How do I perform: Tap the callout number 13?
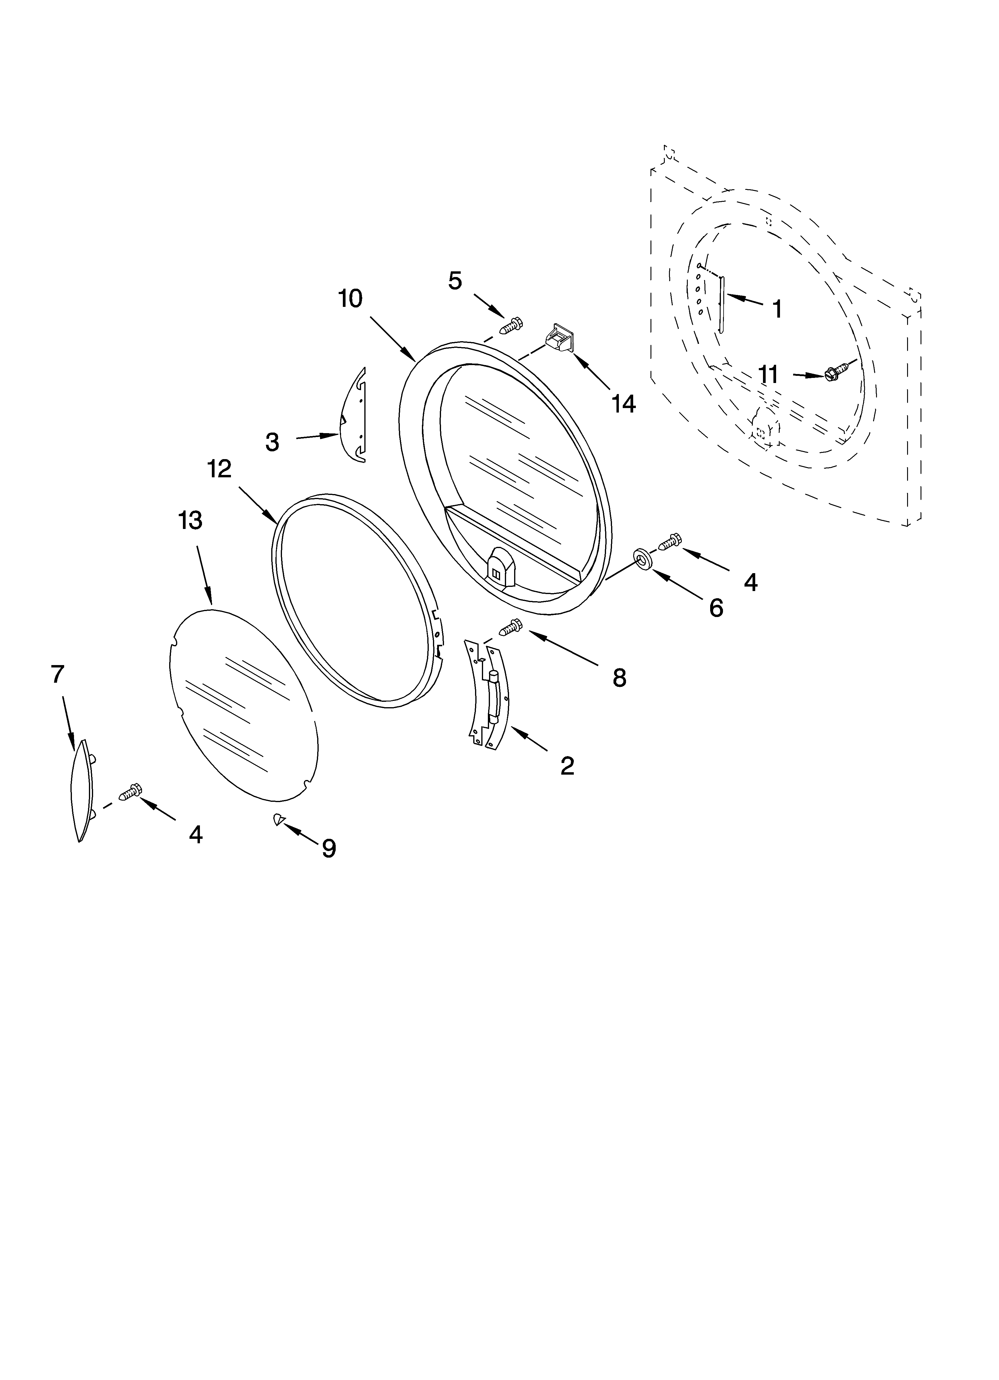(x=190, y=521)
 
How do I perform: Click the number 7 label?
(x=57, y=674)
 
